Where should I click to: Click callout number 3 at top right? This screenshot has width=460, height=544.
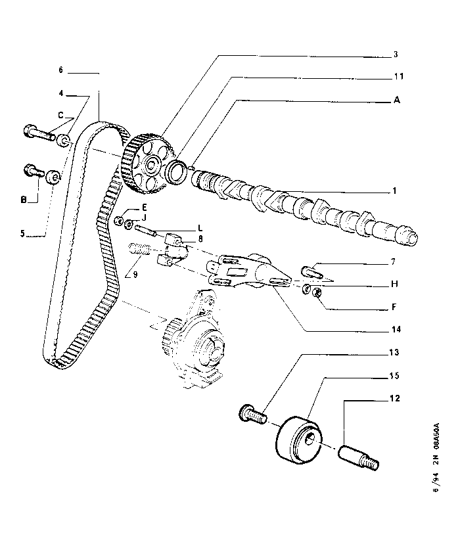[x=396, y=55]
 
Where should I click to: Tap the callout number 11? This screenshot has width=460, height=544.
[x=399, y=76]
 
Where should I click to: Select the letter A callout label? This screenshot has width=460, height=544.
[x=397, y=100]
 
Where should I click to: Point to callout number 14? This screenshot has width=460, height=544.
[x=396, y=329]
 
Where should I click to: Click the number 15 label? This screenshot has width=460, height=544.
[x=394, y=375]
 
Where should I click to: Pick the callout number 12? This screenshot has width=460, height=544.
[x=395, y=398]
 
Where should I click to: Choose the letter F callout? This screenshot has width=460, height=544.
[x=394, y=307]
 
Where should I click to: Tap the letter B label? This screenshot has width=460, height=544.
[x=24, y=200]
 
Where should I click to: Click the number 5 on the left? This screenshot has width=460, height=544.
[x=22, y=233]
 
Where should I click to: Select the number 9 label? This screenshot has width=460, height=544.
[x=135, y=275]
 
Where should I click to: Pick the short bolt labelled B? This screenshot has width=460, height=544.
[x=34, y=171]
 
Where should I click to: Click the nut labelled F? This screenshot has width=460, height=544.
[x=316, y=292]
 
